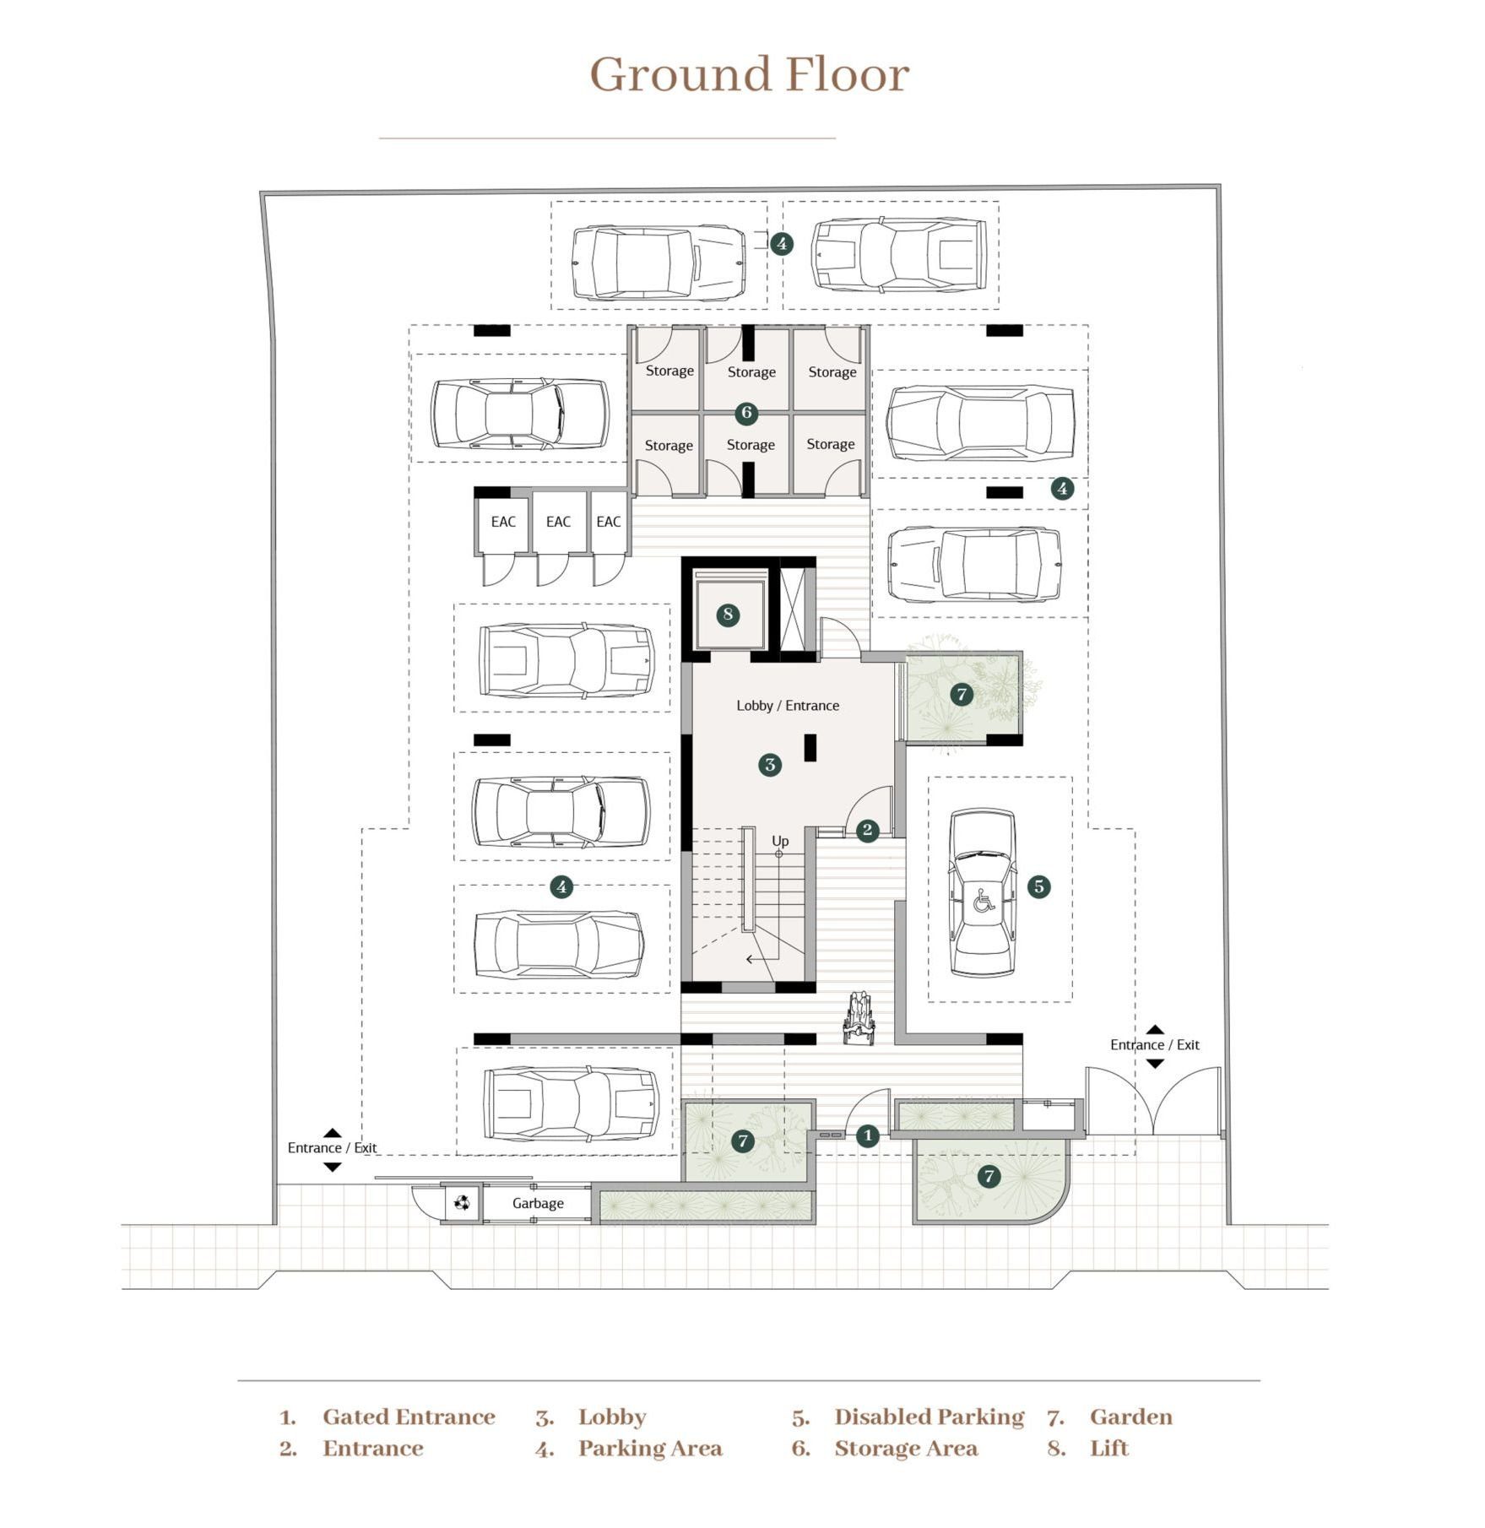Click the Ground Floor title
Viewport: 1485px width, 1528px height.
tap(749, 74)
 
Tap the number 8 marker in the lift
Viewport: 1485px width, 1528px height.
tap(728, 615)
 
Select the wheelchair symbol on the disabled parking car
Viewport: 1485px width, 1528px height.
tap(984, 900)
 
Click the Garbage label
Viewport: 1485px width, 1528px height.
tap(538, 1203)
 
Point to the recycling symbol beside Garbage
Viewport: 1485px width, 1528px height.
tap(462, 1202)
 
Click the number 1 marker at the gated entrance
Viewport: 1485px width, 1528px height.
tap(868, 1135)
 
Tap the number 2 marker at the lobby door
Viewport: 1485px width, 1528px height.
tap(867, 830)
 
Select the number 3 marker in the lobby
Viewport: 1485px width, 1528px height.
tap(770, 765)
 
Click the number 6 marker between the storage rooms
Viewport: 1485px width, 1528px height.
tap(746, 413)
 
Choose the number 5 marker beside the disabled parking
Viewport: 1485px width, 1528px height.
tap(1038, 886)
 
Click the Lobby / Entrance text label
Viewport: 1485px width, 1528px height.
tap(788, 706)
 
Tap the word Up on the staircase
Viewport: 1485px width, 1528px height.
tap(780, 841)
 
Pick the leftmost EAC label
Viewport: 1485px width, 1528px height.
tap(503, 522)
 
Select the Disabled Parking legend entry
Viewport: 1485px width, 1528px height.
tap(929, 1417)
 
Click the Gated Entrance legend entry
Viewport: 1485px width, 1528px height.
tap(409, 1417)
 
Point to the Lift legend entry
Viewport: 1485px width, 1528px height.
tap(1108, 1448)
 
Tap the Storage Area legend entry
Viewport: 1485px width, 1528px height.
tap(906, 1449)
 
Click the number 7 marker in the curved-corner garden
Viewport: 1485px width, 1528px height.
tap(989, 1176)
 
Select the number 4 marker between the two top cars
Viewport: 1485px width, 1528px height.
tap(782, 244)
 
